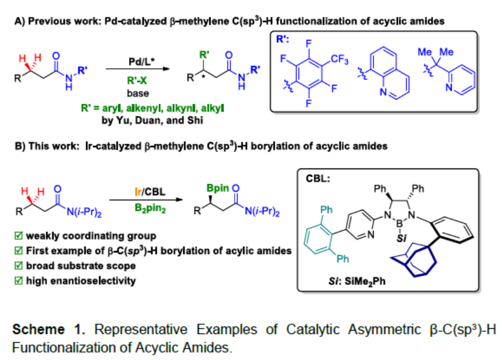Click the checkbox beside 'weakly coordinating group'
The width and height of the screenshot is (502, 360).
19,237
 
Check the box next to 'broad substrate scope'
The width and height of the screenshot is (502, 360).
19,266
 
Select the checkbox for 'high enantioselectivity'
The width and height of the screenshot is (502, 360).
19,281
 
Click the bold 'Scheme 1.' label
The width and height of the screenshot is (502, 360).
44,330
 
